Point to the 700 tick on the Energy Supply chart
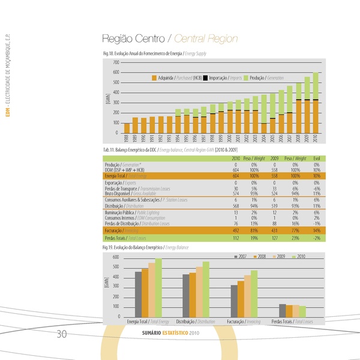coord(115,62)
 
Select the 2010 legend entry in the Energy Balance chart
coord(301,256)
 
